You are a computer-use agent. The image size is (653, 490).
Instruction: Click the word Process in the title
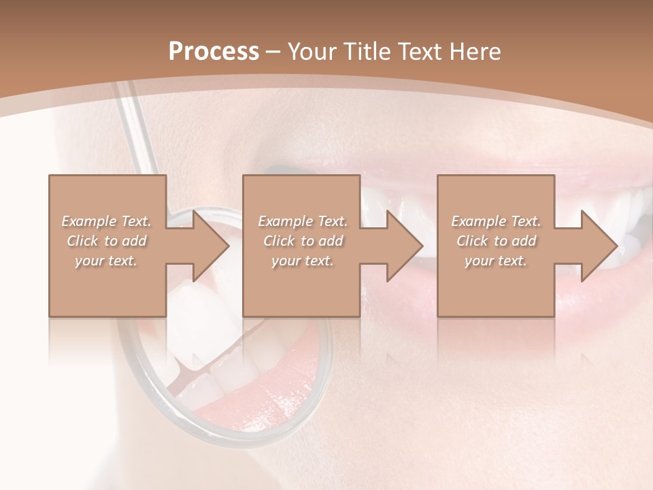pos(214,52)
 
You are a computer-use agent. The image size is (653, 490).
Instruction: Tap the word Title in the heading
pos(365,52)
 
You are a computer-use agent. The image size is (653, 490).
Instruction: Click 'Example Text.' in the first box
pos(106,221)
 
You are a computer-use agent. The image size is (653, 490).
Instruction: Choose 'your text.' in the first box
pos(106,261)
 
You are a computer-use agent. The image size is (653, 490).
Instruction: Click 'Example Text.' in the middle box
pos(303,221)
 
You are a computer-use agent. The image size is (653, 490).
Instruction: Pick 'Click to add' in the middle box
pos(303,241)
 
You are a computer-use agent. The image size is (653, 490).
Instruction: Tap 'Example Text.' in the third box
pos(496,221)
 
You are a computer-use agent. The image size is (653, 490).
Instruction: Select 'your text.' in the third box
pos(496,261)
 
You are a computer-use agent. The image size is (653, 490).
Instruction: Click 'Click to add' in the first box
pos(106,241)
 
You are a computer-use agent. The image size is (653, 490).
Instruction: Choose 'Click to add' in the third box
pos(496,241)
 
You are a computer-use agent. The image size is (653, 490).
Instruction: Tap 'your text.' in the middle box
pos(303,261)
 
